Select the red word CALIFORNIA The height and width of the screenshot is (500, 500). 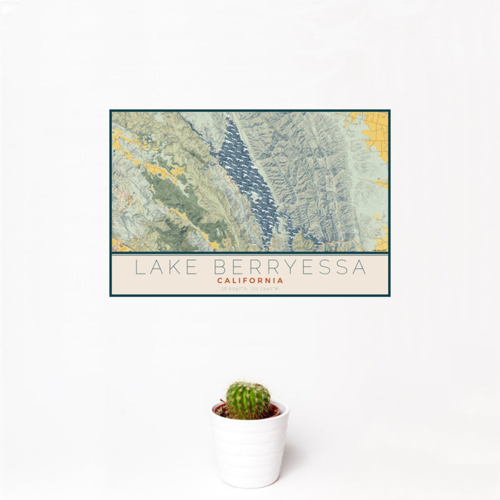(250, 281)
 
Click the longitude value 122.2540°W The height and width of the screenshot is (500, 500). (268, 289)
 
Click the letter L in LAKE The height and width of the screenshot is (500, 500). (139, 268)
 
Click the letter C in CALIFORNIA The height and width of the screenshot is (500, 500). (220, 281)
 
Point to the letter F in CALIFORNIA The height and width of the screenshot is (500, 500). (245, 281)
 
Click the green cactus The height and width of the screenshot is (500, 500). (249, 399)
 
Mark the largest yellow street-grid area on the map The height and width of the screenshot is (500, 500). (374, 133)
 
